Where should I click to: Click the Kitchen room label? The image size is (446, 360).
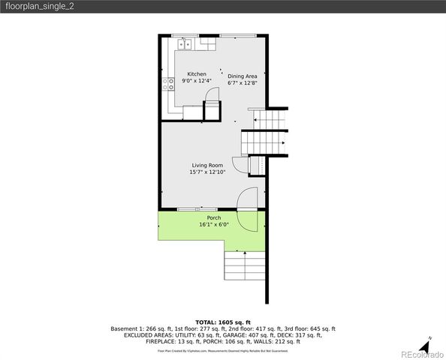click(197, 74)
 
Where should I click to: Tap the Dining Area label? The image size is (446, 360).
click(243, 76)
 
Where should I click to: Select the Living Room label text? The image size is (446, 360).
click(207, 165)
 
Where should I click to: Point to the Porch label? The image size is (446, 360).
click(214, 217)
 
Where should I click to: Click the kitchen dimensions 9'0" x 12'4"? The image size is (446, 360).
click(197, 81)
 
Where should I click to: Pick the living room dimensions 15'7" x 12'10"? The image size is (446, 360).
click(207, 172)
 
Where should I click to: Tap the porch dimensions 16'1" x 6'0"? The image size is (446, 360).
click(214, 224)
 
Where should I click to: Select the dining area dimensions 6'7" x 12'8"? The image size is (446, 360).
click(243, 82)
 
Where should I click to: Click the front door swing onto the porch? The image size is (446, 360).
click(246, 199)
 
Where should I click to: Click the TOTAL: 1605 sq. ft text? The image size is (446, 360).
click(223, 321)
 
